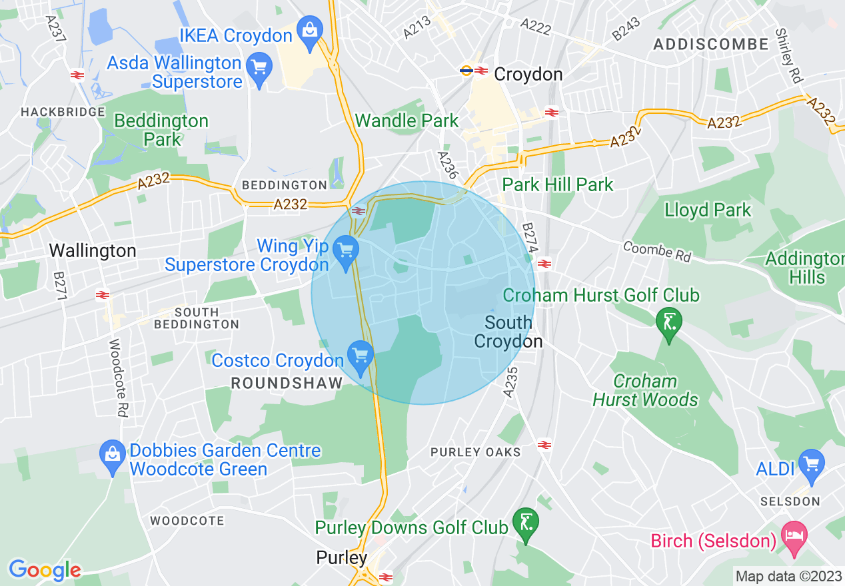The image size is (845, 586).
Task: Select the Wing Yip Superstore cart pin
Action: (x=345, y=252)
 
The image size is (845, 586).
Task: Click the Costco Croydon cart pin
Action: (x=361, y=355)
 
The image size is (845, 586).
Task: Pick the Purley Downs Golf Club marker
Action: (x=526, y=523)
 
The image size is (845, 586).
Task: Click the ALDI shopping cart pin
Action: (x=811, y=464)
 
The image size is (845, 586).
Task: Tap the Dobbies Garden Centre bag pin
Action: (x=111, y=455)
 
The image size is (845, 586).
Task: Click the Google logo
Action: (x=45, y=570)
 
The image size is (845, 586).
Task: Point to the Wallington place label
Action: (x=93, y=251)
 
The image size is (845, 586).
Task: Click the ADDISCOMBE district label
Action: (x=711, y=45)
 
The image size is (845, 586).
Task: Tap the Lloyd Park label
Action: (x=707, y=210)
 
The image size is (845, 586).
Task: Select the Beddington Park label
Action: (x=161, y=130)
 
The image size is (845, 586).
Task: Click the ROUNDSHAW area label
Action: (x=287, y=383)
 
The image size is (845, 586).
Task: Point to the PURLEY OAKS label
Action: (x=475, y=452)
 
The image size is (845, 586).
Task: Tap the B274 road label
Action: (x=529, y=238)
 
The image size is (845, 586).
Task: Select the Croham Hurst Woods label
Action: (x=644, y=390)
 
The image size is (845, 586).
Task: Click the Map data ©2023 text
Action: (x=788, y=576)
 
